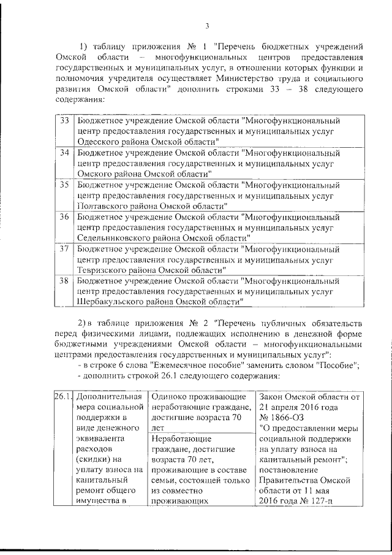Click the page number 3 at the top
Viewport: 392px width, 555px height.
207,26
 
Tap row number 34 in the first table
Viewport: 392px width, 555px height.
64,151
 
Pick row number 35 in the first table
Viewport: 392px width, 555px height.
64,183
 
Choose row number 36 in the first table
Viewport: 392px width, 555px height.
64,216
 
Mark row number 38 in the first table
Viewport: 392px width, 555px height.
64,280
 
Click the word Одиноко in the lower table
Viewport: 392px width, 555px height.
168,397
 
